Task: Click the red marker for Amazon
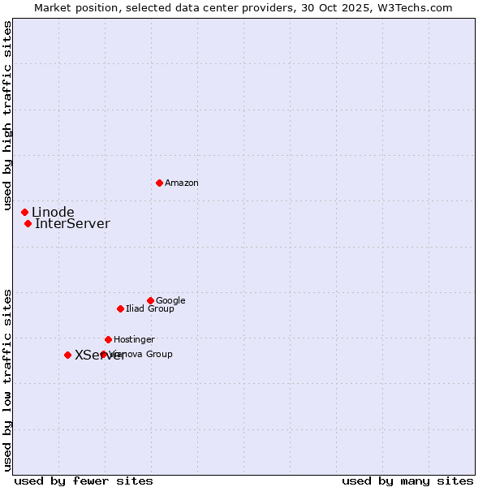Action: (159, 183)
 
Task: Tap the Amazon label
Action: (182, 183)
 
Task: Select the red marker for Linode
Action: (24, 212)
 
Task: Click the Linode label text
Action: (53, 213)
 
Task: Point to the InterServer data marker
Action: (28, 223)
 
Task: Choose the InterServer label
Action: (72, 224)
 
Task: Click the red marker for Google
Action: (150, 300)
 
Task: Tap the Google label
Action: (170, 301)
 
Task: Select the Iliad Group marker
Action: (120, 308)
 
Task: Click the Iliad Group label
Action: (150, 309)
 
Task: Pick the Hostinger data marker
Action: (108, 339)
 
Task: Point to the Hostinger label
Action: (134, 340)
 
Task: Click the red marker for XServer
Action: (67, 355)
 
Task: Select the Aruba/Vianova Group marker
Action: (103, 354)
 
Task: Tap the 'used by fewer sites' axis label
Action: (84, 481)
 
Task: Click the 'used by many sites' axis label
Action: (407, 481)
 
